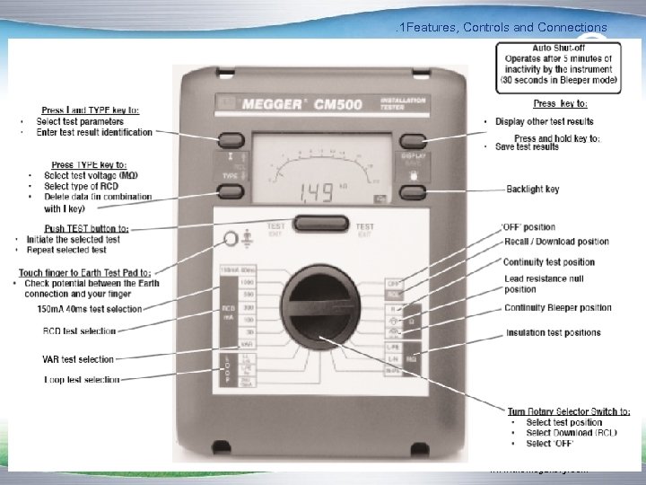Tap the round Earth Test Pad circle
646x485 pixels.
[229, 238]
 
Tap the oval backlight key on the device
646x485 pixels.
[412, 190]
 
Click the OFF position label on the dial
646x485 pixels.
[393, 281]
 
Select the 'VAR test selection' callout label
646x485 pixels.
[78, 359]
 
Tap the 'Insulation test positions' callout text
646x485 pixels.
[554, 332]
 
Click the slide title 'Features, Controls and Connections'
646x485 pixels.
[506, 28]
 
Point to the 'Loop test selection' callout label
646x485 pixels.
[82, 380]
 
